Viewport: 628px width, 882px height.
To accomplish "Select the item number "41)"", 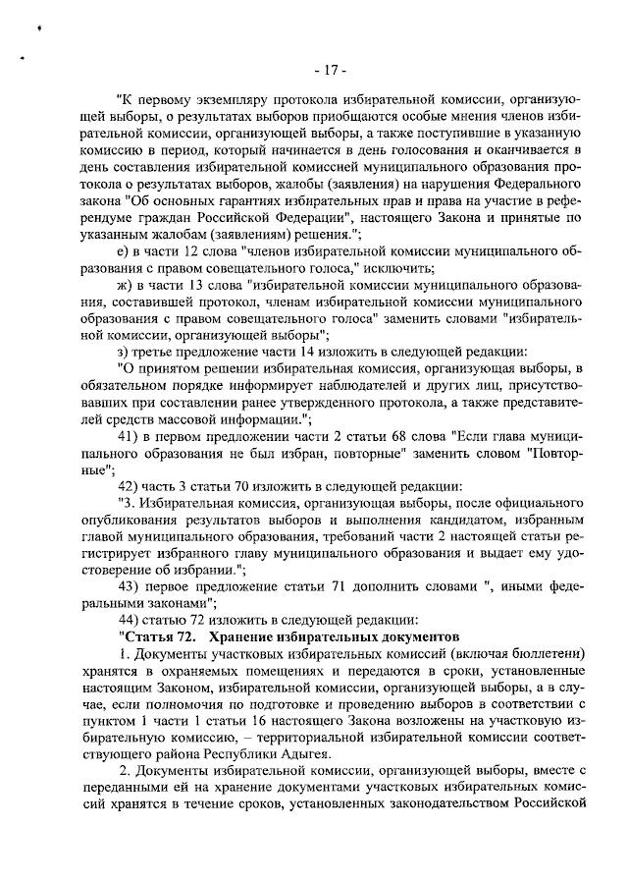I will [129, 434].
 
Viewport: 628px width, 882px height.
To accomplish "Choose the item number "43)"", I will [129, 586].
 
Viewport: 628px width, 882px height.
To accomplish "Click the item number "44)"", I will [129, 620].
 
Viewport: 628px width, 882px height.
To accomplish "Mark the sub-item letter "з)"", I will [123, 351].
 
